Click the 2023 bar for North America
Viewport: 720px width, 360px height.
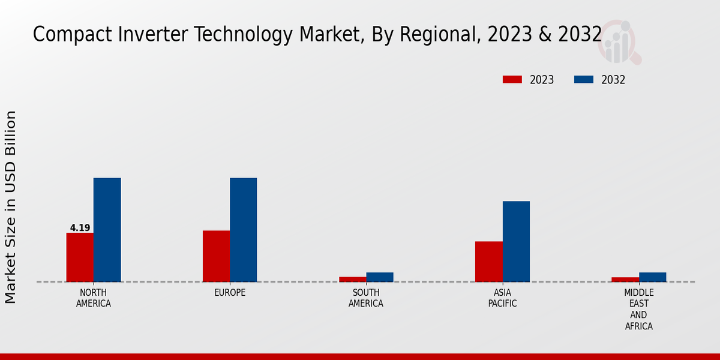click(x=80, y=257)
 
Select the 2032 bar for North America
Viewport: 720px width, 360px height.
click(x=107, y=230)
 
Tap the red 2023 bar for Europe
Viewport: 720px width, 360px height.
click(x=216, y=256)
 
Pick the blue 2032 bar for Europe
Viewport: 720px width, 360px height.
click(x=243, y=230)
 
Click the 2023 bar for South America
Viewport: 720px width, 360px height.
click(x=352, y=279)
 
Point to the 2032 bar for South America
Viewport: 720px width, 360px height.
click(x=380, y=277)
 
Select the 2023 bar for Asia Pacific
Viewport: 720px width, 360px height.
click(x=488, y=262)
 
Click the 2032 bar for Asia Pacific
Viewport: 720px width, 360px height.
click(x=516, y=241)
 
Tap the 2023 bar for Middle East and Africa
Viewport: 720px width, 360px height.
click(x=625, y=280)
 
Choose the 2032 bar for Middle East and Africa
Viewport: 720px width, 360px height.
click(x=652, y=277)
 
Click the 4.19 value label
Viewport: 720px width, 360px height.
click(x=80, y=228)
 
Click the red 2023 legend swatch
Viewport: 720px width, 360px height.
click(x=512, y=80)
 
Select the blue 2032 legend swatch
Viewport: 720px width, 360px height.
click(x=584, y=80)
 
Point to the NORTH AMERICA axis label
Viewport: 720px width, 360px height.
click(x=94, y=298)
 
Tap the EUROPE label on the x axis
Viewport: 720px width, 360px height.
click(x=230, y=293)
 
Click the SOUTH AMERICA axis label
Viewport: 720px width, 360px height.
click(x=366, y=298)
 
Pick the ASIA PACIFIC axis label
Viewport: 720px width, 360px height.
click(x=502, y=298)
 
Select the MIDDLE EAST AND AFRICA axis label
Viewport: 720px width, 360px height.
click(x=638, y=310)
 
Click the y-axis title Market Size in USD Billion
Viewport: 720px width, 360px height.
click(x=11, y=207)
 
